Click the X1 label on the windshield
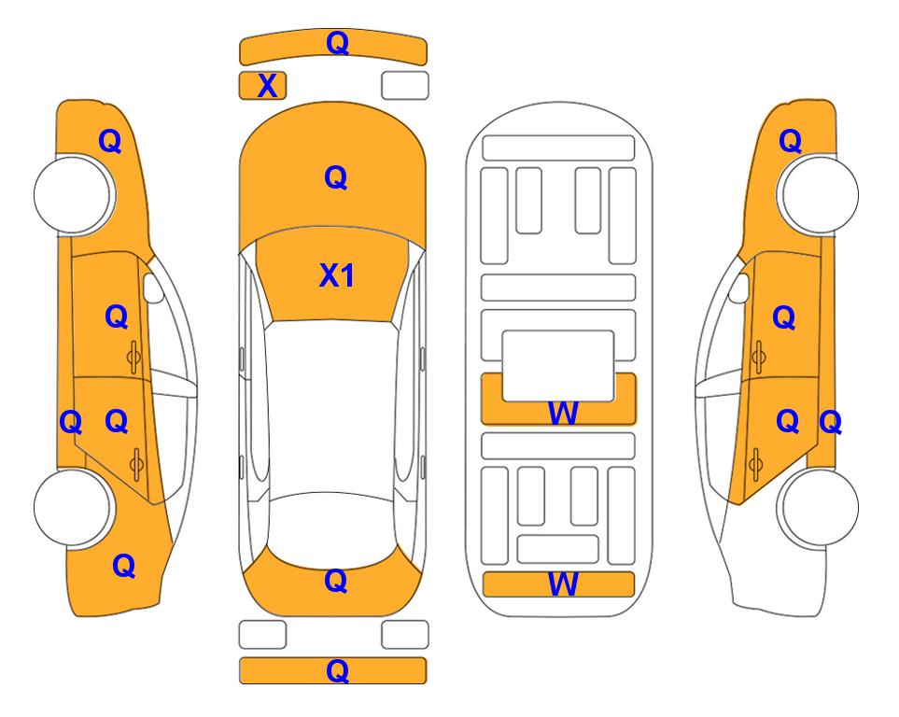(337, 275)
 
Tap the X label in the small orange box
(267, 86)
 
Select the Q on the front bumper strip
(337, 43)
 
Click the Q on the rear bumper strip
(337, 670)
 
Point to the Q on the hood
(336, 177)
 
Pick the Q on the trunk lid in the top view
(336, 581)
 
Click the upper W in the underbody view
(563, 413)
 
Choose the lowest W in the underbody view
(563, 584)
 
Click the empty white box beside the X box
(405, 86)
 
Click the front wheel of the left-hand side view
(73, 194)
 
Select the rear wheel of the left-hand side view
(73, 507)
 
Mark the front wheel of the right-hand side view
(819, 194)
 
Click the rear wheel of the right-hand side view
(819, 507)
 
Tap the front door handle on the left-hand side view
(133, 357)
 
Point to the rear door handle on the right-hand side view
(756, 465)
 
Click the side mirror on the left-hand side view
(152, 288)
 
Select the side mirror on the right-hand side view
(739, 288)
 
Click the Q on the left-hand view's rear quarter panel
(124, 566)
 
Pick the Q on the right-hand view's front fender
(790, 141)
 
